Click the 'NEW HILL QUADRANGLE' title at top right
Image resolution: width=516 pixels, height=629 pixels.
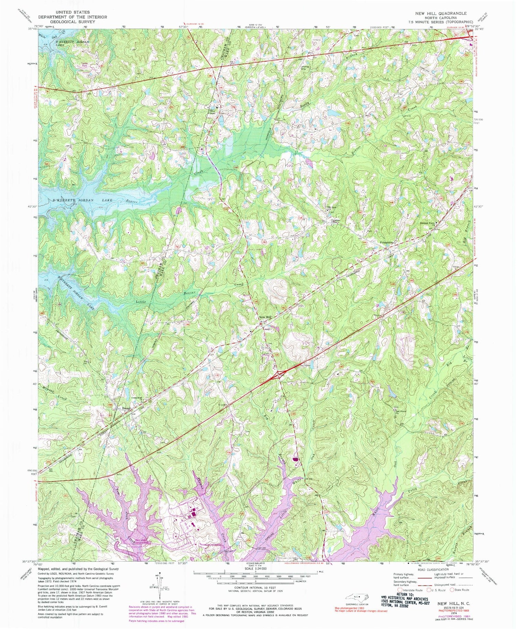tap(441, 13)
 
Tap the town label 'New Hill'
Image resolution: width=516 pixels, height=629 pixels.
tap(265, 317)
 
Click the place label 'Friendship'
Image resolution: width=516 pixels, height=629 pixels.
tap(386, 242)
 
